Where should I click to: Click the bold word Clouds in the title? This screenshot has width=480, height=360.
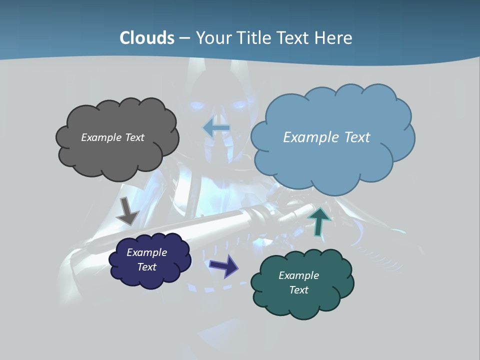(147, 38)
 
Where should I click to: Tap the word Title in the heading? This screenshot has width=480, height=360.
(253, 38)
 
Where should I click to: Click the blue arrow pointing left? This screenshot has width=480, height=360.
(216, 128)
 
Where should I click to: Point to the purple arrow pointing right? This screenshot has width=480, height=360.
(224, 265)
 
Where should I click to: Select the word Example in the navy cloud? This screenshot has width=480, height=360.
(146, 252)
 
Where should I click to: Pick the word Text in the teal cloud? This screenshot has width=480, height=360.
(298, 290)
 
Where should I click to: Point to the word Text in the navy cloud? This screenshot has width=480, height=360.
(146, 267)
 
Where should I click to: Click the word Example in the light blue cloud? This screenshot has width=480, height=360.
(310, 137)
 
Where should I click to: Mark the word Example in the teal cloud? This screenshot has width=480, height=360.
(298, 275)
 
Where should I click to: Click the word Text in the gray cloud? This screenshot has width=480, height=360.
(134, 137)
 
